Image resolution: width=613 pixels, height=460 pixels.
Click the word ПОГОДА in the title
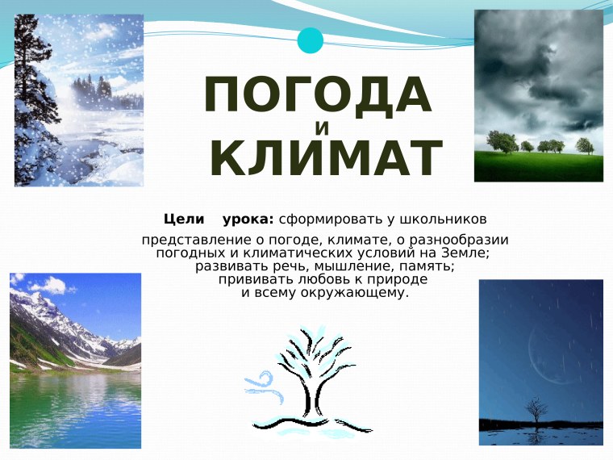(319, 95)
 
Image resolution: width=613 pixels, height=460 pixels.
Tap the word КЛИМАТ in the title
(326, 158)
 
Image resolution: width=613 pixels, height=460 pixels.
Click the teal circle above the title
(310, 40)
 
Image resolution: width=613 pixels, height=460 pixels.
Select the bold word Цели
(183, 219)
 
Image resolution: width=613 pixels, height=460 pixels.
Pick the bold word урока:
(248, 219)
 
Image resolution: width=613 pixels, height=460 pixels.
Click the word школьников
(440, 219)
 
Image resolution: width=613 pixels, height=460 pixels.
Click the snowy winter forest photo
(78, 100)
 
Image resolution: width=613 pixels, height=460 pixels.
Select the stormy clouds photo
(538, 95)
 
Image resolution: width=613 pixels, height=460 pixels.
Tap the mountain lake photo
(75, 360)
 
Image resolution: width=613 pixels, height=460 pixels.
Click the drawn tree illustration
(311, 379)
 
